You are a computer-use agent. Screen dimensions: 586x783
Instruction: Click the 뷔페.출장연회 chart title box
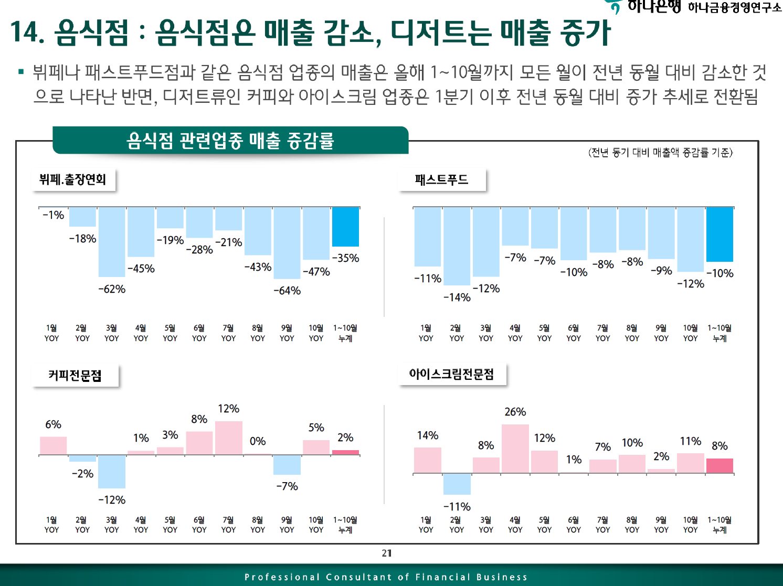click(x=73, y=180)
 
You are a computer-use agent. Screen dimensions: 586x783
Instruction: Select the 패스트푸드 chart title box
click(x=441, y=180)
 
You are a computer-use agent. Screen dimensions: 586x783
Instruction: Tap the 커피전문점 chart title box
click(x=75, y=376)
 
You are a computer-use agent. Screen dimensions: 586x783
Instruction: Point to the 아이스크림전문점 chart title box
click(x=452, y=375)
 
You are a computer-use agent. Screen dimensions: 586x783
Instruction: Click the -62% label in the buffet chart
click(x=112, y=289)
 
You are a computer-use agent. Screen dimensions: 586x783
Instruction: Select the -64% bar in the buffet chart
click(x=287, y=243)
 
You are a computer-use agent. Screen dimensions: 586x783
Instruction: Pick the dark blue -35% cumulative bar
click(x=345, y=227)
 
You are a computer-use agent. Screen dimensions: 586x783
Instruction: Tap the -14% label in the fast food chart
click(x=457, y=297)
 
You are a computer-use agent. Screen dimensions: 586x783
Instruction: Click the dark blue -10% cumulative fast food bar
click(x=719, y=235)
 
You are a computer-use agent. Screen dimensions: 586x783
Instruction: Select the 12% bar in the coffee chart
click(x=228, y=438)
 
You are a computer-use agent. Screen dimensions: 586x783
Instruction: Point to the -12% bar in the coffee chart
click(x=112, y=471)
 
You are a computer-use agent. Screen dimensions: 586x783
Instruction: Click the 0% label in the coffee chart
click(x=258, y=441)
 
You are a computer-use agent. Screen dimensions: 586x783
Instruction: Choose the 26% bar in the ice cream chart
click(x=515, y=449)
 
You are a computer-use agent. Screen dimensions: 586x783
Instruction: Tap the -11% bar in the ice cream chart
click(x=457, y=484)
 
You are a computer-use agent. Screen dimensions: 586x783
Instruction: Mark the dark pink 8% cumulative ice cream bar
click(x=719, y=466)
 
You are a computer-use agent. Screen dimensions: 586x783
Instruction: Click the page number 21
click(x=387, y=553)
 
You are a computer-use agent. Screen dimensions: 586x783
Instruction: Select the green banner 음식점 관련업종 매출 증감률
click(x=230, y=141)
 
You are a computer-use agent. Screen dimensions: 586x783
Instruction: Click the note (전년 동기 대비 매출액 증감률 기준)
click(x=660, y=153)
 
